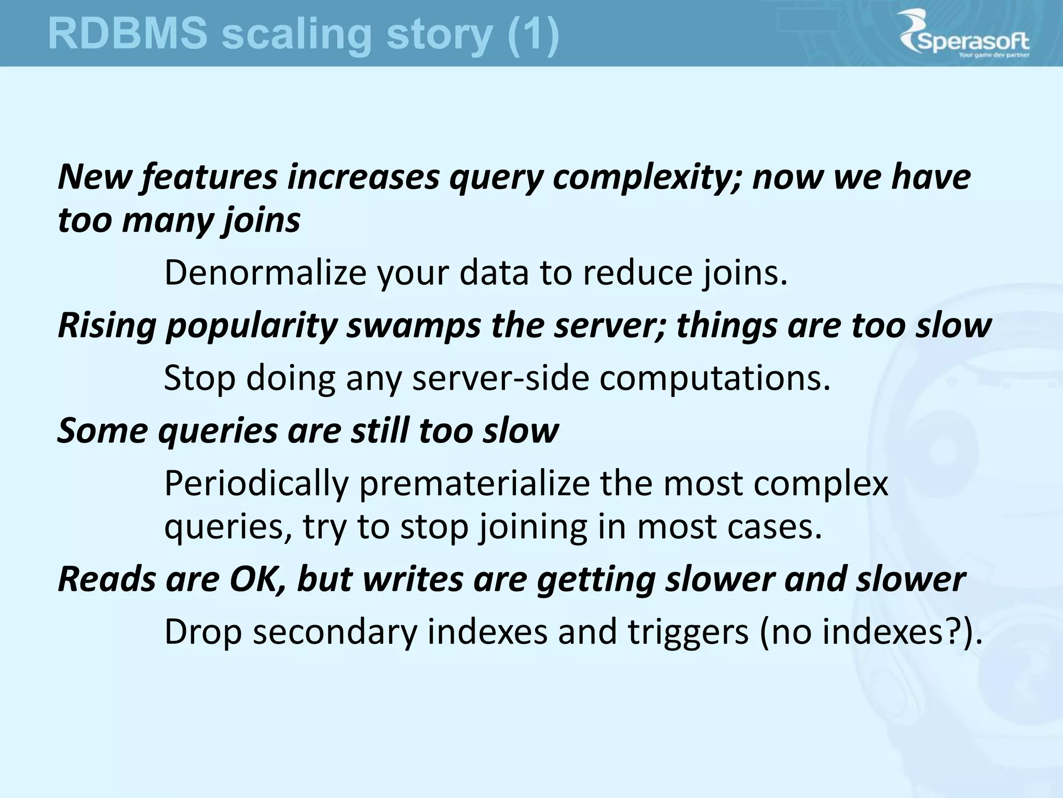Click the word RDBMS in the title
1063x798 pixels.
click(127, 34)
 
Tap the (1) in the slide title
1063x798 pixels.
click(533, 35)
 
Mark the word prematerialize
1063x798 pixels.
click(474, 484)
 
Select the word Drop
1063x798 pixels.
click(203, 632)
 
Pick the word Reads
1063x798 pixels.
click(106, 579)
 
